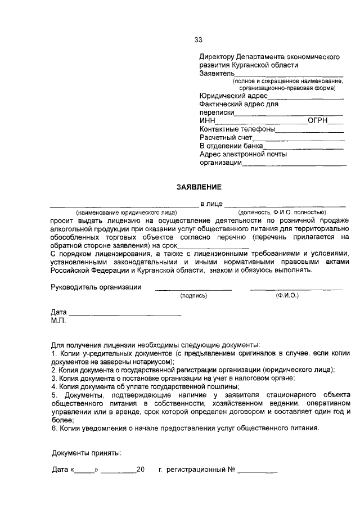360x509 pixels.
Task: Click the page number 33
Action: [x=198, y=40]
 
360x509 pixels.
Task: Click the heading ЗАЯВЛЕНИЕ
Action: [x=199, y=187]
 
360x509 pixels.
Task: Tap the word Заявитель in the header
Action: [x=217, y=73]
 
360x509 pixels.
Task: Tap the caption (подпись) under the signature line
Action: [x=193, y=295]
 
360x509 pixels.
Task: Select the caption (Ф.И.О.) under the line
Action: [x=287, y=295]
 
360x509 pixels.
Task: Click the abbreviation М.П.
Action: [x=58, y=321]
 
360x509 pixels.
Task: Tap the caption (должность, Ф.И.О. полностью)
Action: [x=282, y=213]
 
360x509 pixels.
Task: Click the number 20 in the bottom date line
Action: [x=141, y=469]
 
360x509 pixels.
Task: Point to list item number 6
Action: [x=185, y=427]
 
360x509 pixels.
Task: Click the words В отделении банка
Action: [x=231, y=146]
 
